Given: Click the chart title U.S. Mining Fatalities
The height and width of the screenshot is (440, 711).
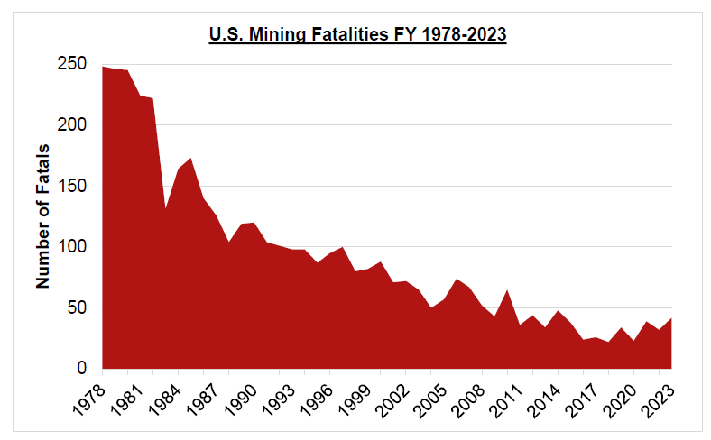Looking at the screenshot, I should click(x=356, y=36).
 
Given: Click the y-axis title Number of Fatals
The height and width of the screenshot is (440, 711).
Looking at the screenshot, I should click(x=42, y=217).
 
